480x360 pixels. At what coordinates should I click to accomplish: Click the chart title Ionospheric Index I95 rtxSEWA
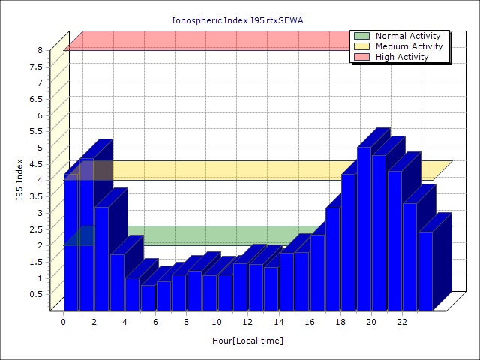coord(239,20)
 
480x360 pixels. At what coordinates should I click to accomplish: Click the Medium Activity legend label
coord(409,46)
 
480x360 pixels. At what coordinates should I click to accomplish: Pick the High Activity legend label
coord(402,57)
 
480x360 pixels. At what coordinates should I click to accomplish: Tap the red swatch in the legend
coord(362,57)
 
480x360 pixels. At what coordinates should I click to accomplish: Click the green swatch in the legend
coord(362,36)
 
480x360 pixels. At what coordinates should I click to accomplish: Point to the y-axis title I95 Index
coord(20,180)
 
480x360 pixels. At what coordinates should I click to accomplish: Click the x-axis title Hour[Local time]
coord(247,340)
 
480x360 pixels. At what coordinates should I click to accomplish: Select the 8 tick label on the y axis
coord(40,50)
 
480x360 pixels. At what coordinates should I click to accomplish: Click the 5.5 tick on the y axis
coord(36,131)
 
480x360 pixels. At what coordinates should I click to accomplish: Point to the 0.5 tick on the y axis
coord(36,294)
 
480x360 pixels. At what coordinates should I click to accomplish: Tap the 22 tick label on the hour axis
coord(402,322)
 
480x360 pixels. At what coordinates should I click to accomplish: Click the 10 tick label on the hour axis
coord(217,322)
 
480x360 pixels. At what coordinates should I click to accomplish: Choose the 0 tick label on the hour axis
coord(64,322)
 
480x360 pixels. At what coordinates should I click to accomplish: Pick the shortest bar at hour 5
coord(148,297)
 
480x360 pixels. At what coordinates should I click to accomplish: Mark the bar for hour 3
coord(118,282)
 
